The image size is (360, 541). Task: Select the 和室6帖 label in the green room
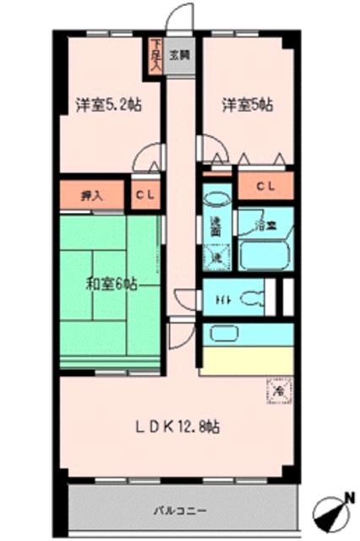click(x=110, y=284)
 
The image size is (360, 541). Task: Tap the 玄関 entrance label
click(x=177, y=56)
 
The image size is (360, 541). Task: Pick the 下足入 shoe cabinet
click(x=155, y=58)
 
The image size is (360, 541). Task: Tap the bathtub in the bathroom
click(x=265, y=254)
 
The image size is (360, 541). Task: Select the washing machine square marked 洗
click(x=216, y=256)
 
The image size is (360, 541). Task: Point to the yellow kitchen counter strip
click(x=247, y=356)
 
